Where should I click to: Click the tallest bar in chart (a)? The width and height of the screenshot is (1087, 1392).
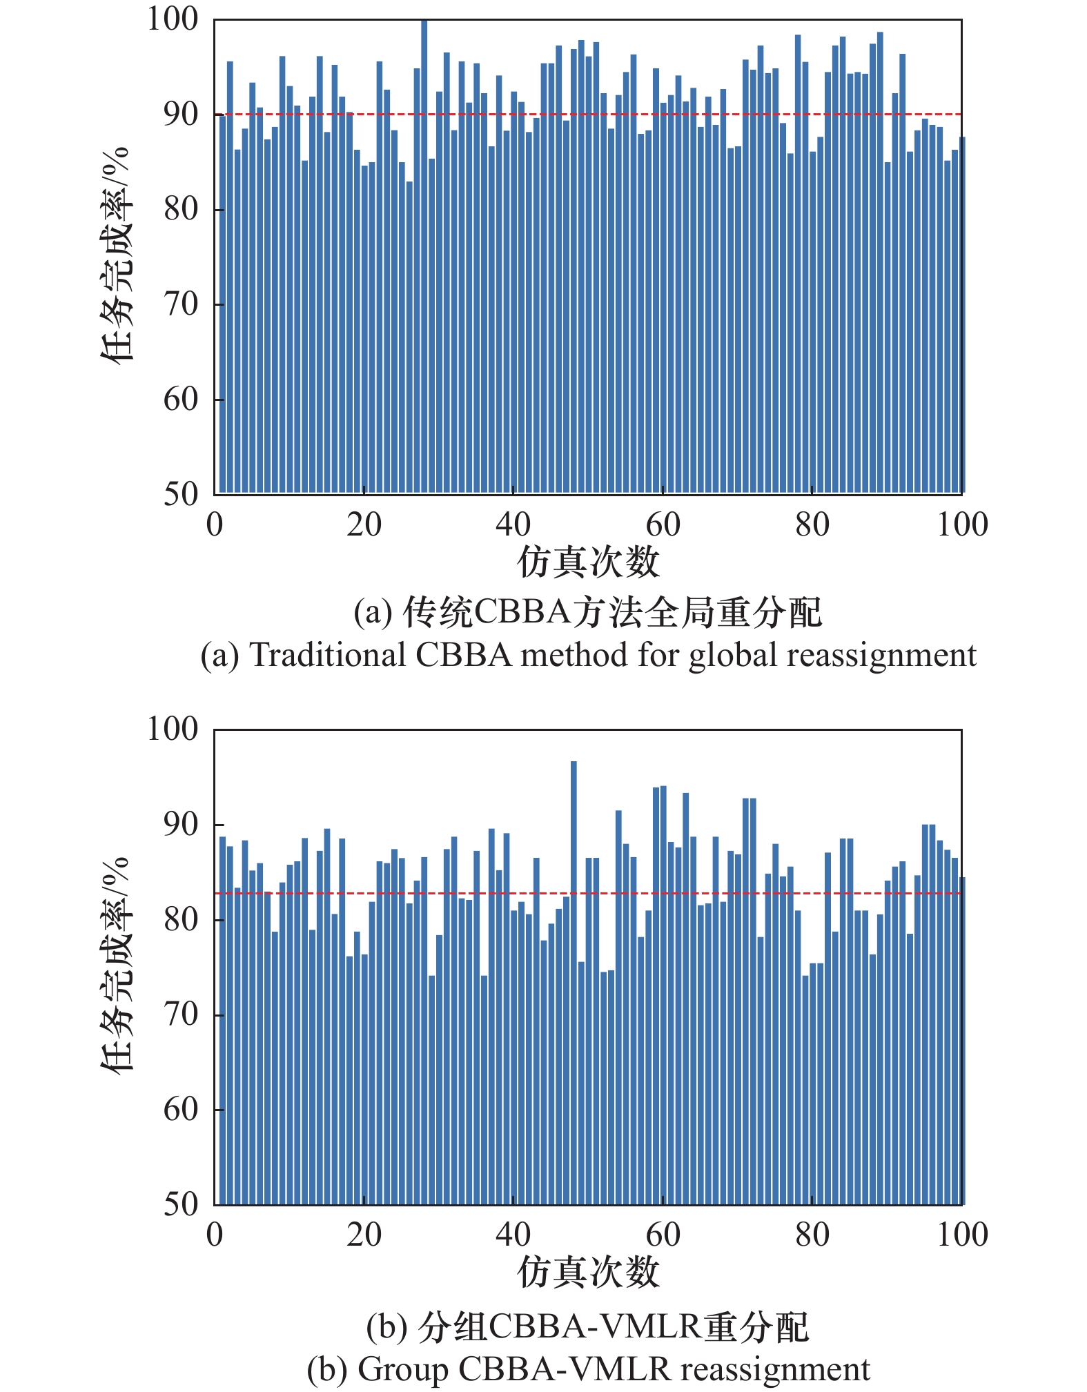click(424, 255)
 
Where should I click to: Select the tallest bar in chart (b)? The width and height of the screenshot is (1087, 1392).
click(574, 980)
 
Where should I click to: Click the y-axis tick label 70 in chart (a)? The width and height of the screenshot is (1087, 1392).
click(181, 304)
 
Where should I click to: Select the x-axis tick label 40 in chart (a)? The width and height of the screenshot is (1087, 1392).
click(513, 525)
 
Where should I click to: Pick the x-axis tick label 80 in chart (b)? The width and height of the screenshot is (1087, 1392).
click(812, 1235)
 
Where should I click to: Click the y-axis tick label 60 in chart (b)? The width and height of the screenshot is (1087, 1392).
click(181, 1109)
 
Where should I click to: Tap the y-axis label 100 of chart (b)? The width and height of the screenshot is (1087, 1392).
click(173, 729)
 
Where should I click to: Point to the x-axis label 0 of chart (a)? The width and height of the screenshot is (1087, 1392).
click(215, 525)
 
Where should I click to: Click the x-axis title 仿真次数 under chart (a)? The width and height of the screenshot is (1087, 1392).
click(588, 562)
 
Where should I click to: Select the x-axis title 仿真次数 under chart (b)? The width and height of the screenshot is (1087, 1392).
click(588, 1271)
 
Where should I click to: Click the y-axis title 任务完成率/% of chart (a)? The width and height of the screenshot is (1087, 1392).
click(115, 255)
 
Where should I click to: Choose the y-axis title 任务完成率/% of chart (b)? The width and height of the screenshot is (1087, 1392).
click(115, 965)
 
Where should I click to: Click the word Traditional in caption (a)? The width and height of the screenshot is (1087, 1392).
click(328, 655)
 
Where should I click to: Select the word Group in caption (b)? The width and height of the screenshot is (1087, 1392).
click(402, 1369)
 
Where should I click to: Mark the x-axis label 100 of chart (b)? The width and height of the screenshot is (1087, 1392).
click(961, 1235)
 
